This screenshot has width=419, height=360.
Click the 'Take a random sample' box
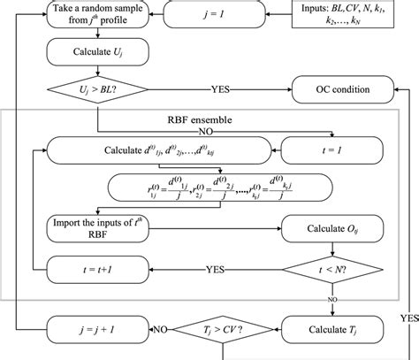[x=90, y=17]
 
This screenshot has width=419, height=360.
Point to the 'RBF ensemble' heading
[x=206, y=119]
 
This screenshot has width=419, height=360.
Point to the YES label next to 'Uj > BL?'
[x=222, y=90]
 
